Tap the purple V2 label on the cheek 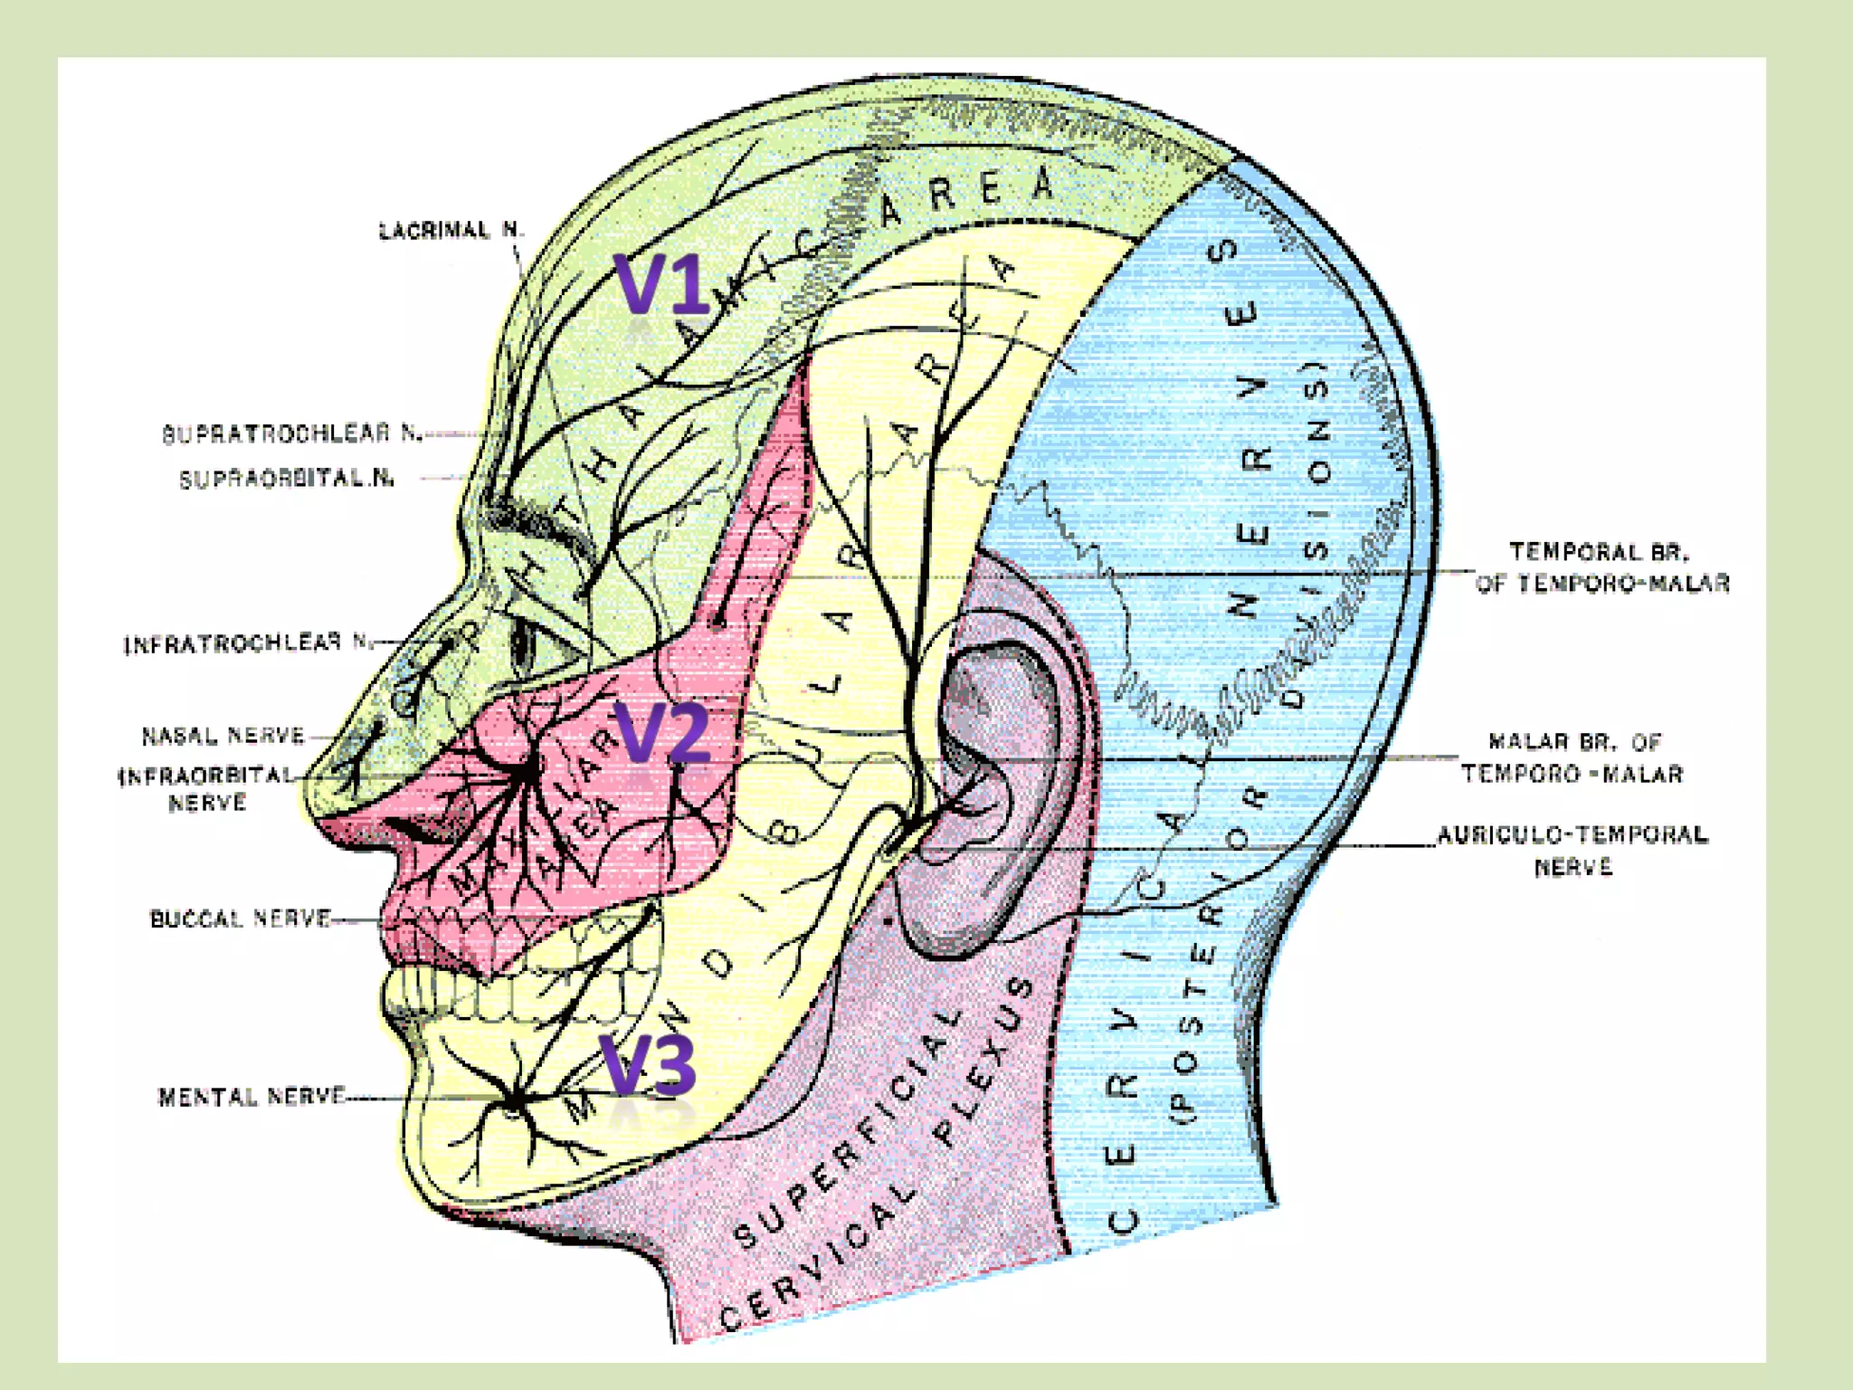pyautogui.click(x=661, y=732)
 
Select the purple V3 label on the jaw pyautogui.click(x=648, y=1064)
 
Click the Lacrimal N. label pyautogui.click(x=451, y=231)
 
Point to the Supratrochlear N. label pyautogui.click(x=292, y=433)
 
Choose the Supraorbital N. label pyautogui.click(x=287, y=479)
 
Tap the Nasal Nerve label pyautogui.click(x=223, y=736)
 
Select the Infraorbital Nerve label pyautogui.click(x=207, y=788)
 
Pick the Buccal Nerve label pyautogui.click(x=240, y=919)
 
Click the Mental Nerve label pyautogui.click(x=252, y=1097)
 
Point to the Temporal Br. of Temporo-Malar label pyautogui.click(x=1601, y=567)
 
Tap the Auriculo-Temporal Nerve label pyautogui.click(x=1573, y=850)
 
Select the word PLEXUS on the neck pyautogui.click(x=986, y=1059)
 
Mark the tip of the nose pyautogui.click(x=312, y=796)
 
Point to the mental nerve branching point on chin pyautogui.click(x=514, y=1100)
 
